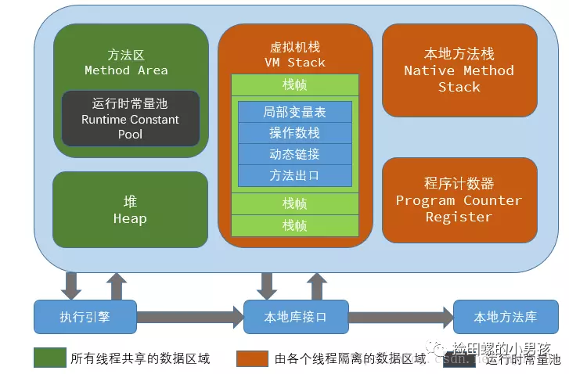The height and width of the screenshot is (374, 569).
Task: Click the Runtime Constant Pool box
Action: (131, 119)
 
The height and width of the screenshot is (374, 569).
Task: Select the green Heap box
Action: (130, 210)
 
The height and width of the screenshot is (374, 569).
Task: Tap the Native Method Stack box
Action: (459, 70)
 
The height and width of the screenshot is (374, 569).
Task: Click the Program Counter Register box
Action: (459, 200)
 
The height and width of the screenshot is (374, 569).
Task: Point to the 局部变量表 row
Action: (294, 112)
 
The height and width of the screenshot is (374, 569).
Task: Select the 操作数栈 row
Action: (294, 133)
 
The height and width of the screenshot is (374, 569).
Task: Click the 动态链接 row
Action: (294, 154)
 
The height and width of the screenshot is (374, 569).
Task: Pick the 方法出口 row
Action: (294, 175)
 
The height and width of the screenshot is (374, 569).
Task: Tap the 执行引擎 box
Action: (85, 317)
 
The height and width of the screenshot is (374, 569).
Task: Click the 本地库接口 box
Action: (295, 317)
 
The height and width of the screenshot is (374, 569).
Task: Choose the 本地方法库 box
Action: (505, 317)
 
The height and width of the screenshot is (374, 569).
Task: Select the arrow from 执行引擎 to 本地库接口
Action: (190, 317)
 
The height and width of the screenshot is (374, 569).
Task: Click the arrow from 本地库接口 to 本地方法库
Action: (401, 317)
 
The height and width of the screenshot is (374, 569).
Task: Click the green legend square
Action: (49, 358)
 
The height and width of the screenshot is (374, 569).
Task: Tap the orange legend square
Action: (253, 358)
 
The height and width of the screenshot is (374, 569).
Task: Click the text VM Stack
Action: (294, 62)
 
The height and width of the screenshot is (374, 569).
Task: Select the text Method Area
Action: (126, 70)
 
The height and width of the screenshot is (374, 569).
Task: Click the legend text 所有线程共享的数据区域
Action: (140, 358)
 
